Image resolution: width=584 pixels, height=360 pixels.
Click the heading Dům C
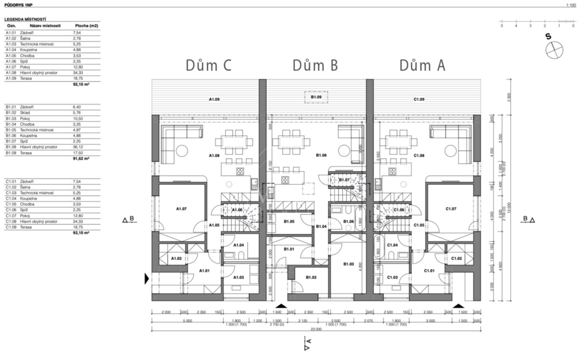[209, 66]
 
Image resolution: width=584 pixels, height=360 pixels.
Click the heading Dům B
[315, 66]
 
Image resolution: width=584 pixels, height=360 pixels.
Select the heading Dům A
[422, 66]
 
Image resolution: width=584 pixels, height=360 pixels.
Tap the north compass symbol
[553, 51]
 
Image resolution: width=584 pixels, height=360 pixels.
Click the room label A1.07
[182, 209]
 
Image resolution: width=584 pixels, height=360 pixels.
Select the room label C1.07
[450, 209]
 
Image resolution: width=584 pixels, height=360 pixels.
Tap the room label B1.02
[311, 278]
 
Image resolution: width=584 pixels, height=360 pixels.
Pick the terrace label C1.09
[419, 100]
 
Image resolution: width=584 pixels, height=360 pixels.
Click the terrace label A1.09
[213, 100]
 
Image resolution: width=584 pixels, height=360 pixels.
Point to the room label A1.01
[205, 270]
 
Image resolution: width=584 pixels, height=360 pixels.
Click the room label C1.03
[392, 278]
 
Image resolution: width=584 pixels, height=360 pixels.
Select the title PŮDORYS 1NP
[17, 4]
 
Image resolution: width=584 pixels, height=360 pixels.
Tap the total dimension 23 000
[315, 330]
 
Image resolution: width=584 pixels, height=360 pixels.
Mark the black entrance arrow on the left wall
[147, 278]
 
